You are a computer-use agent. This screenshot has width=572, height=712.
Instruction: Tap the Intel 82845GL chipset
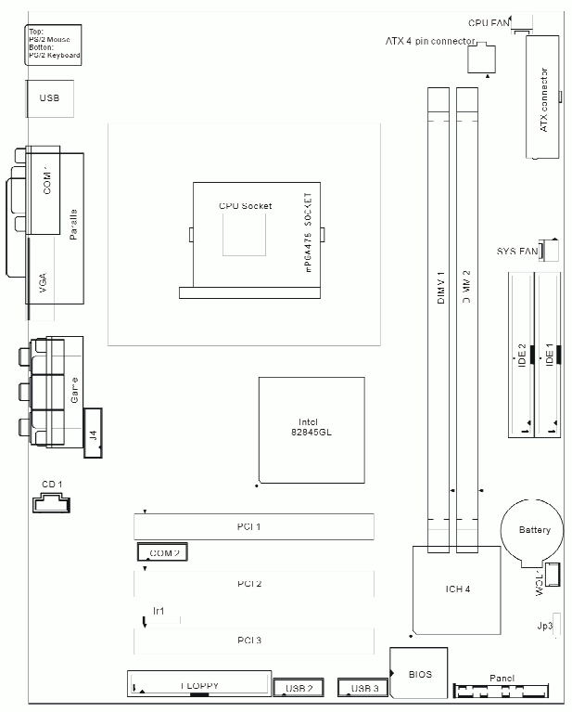click(x=311, y=429)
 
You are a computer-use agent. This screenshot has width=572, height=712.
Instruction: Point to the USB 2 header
click(x=298, y=688)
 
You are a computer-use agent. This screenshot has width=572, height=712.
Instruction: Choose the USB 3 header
click(x=362, y=688)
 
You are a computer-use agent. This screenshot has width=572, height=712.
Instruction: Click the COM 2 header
click(x=162, y=552)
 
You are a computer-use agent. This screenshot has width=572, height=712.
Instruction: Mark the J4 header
click(x=93, y=433)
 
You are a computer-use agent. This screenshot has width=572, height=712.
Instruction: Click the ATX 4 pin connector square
click(x=480, y=59)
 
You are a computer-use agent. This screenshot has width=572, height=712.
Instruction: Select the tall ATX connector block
click(x=543, y=97)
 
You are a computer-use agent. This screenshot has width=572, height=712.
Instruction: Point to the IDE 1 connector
click(x=549, y=353)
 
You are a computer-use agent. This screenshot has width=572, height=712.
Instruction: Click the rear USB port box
click(x=49, y=97)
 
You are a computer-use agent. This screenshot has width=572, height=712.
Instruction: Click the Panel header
click(x=501, y=692)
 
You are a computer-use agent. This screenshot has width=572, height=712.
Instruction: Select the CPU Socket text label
click(x=245, y=205)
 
